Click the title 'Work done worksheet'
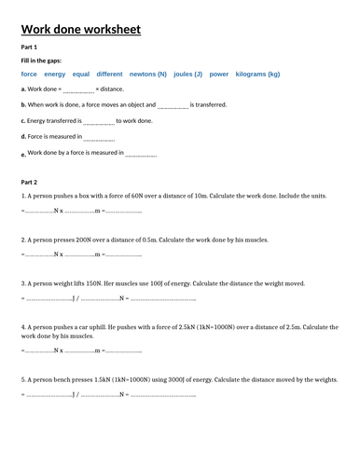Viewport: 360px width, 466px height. tap(80, 30)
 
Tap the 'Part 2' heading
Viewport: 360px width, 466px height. tap(29, 182)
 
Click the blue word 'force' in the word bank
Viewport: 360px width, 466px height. tap(29, 73)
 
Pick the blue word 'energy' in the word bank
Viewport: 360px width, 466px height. tap(55, 73)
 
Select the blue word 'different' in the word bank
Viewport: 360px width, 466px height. tap(109, 73)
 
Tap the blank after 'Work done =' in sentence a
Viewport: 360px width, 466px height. tap(78, 89)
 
